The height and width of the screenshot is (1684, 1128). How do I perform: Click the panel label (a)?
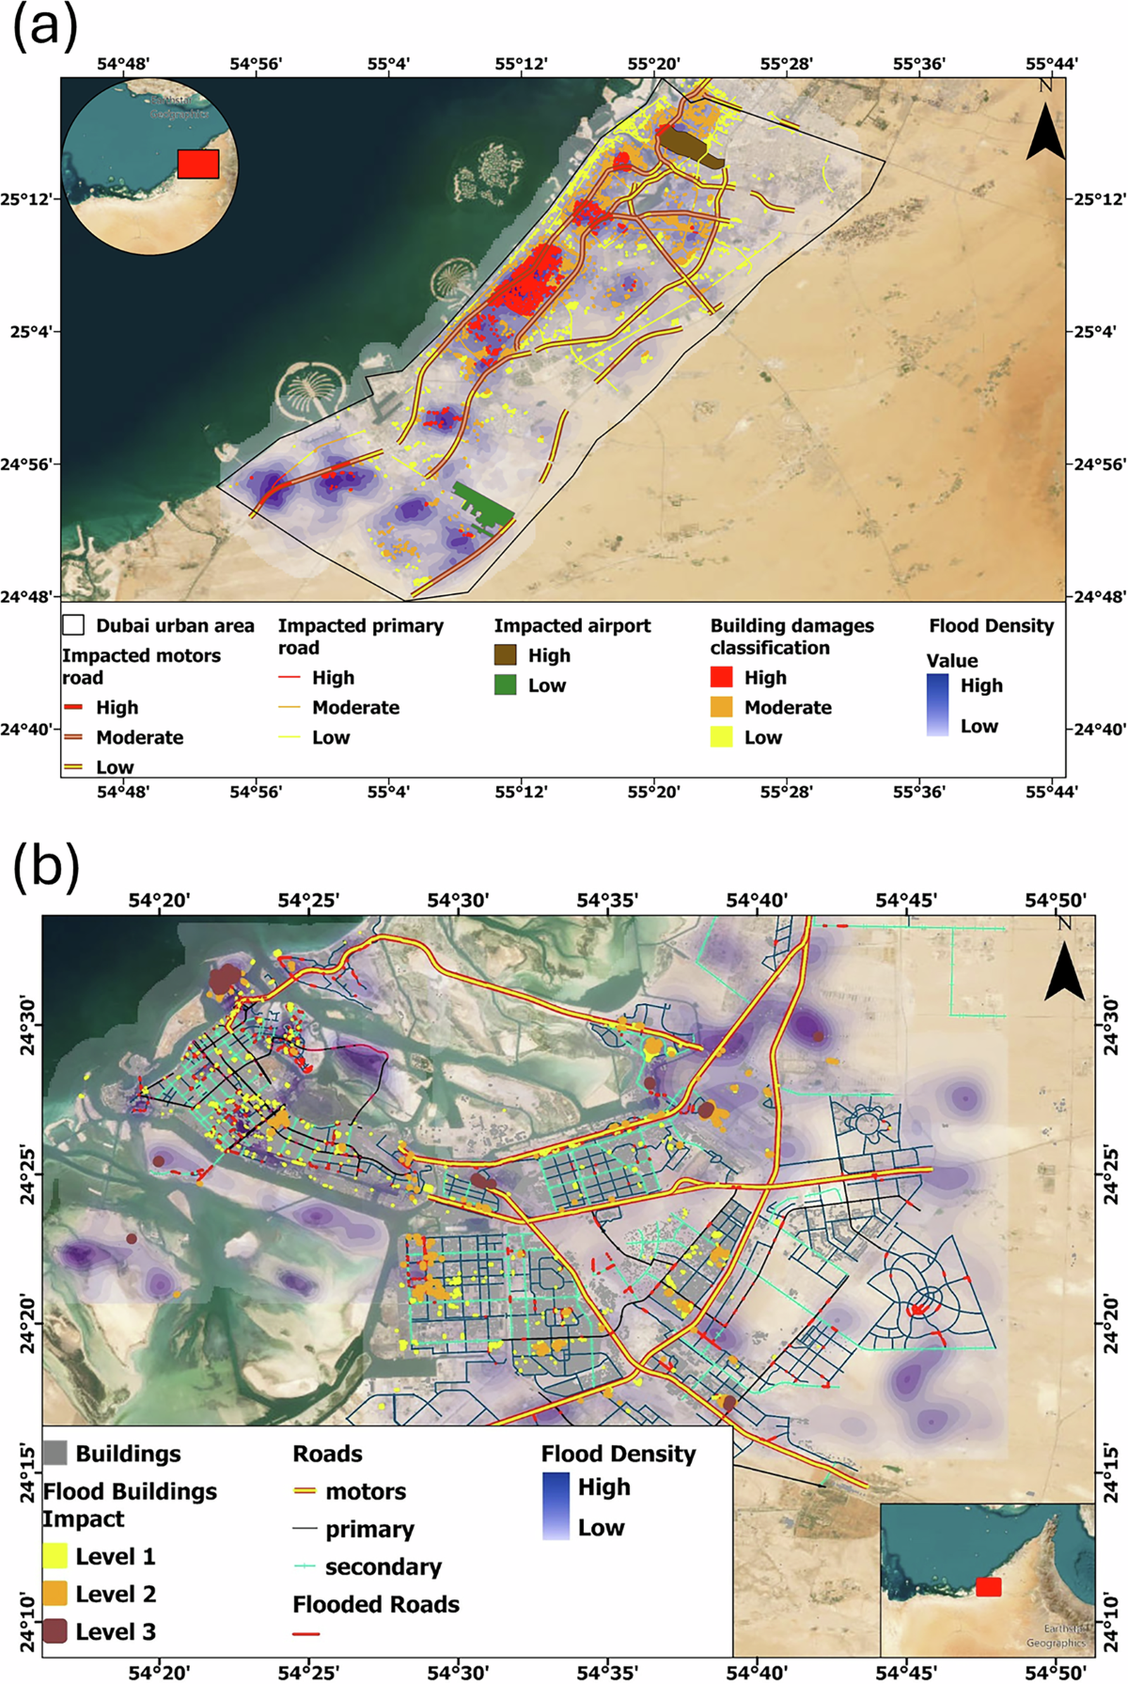coord(44,26)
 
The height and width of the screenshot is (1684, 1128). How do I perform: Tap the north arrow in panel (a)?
coord(1045,134)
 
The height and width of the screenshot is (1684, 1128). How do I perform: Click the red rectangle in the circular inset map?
coord(198,164)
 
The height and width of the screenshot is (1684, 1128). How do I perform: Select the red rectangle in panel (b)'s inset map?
coord(988,1587)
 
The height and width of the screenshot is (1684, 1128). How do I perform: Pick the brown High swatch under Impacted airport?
coord(506,655)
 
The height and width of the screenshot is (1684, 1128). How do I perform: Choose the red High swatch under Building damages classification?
coord(722,678)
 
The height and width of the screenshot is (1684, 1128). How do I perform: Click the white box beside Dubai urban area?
coord(73,625)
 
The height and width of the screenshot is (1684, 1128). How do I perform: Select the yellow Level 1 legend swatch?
coord(55,1557)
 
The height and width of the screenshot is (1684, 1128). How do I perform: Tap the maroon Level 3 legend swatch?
coord(55,1632)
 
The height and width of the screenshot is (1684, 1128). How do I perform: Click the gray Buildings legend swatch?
coord(55,1454)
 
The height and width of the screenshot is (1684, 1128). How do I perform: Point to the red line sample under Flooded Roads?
coord(306,1635)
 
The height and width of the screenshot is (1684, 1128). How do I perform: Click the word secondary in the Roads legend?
coord(383,1567)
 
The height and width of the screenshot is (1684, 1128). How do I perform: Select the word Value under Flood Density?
coord(951,661)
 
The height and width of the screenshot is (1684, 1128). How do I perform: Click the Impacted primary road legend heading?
coord(360,637)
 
